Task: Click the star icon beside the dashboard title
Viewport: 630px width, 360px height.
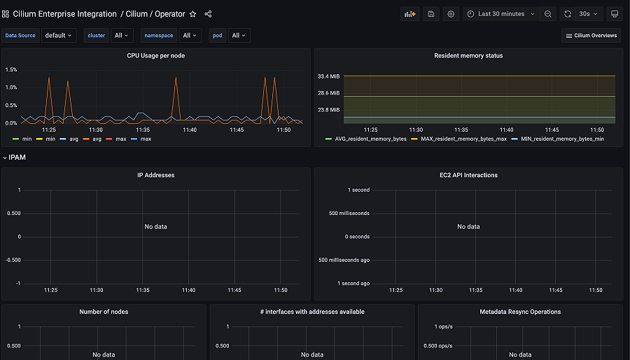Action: point(193,14)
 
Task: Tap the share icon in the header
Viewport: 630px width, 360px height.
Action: point(209,14)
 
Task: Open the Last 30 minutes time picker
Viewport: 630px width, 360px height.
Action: point(500,14)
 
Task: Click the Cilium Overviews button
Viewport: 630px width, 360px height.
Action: point(591,36)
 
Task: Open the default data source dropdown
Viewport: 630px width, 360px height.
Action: point(59,36)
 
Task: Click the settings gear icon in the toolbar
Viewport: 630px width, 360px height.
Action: point(451,14)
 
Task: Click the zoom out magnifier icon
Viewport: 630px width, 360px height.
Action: point(548,14)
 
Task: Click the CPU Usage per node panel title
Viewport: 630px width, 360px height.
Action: point(155,55)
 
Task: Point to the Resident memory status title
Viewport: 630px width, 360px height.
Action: point(468,55)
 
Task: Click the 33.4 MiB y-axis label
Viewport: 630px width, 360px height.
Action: point(328,76)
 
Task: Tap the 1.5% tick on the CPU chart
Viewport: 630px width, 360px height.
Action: point(11,69)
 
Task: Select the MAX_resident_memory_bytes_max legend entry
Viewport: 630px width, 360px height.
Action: point(463,139)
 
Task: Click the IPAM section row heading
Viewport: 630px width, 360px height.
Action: point(17,158)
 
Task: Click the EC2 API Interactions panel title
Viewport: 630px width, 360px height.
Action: point(468,175)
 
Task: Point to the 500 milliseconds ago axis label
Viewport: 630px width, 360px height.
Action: point(344,260)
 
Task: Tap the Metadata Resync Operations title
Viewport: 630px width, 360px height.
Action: point(520,312)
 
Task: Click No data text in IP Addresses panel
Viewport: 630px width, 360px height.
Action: point(155,226)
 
